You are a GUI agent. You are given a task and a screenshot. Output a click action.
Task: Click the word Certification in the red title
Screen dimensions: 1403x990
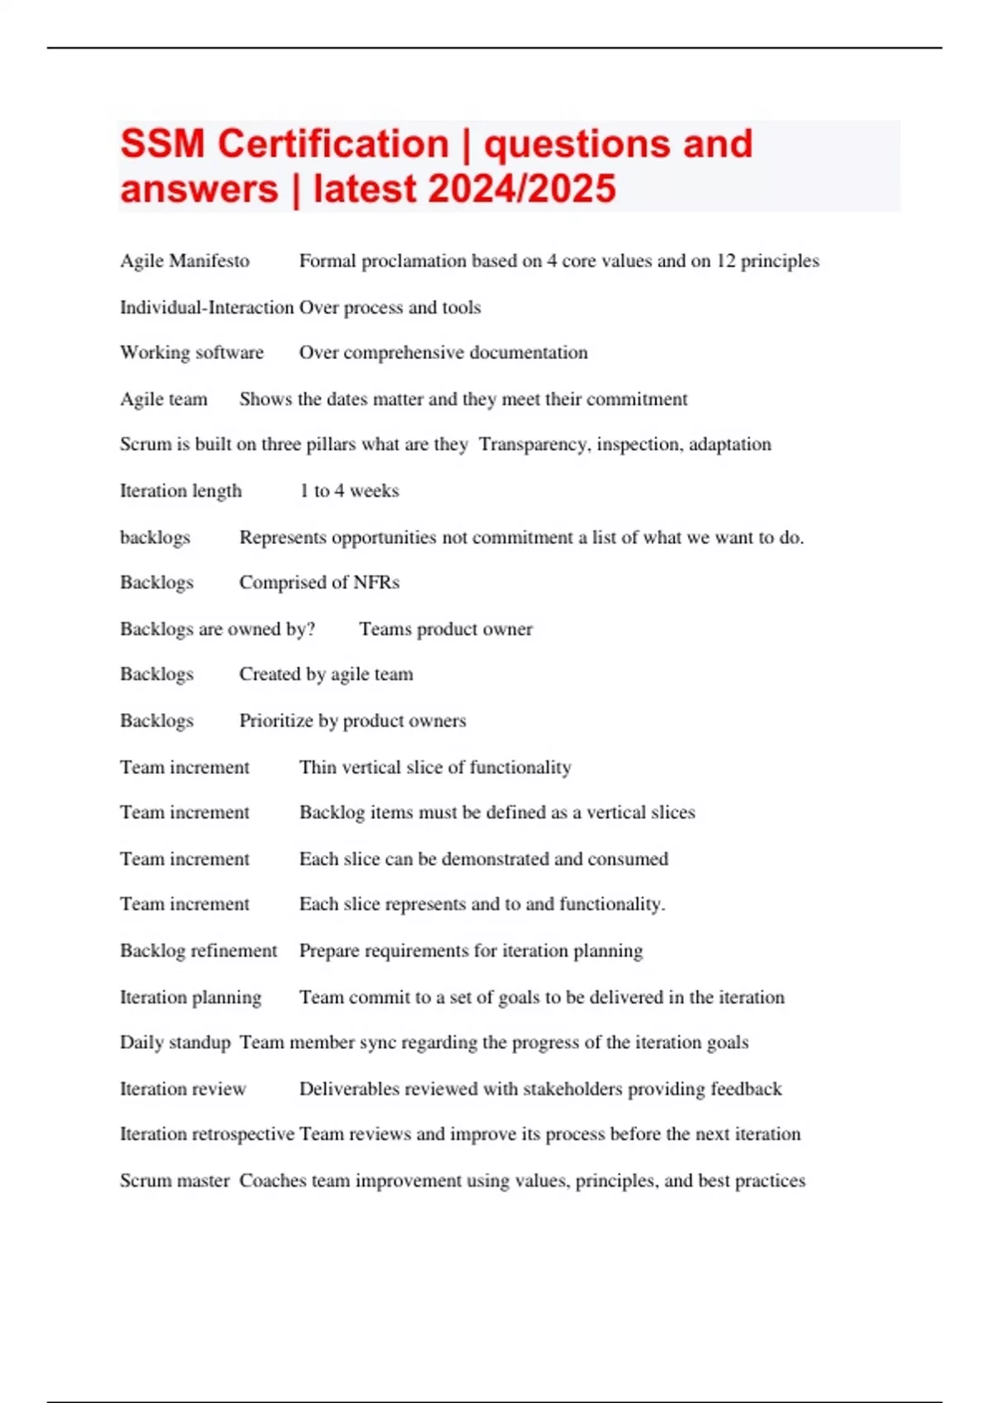click(332, 144)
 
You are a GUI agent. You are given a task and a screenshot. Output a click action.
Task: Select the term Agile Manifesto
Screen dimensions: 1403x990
click(185, 261)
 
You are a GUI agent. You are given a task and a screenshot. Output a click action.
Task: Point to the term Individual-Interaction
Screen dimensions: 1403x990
click(206, 307)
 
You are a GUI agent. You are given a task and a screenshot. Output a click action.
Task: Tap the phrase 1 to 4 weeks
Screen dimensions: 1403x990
click(349, 490)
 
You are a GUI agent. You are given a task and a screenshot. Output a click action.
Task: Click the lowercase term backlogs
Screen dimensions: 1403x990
click(155, 537)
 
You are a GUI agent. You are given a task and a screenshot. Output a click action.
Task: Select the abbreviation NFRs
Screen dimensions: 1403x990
click(376, 583)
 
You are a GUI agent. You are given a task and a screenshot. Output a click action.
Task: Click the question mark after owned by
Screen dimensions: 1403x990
click(310, 629)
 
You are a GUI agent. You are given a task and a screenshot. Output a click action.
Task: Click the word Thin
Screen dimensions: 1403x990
click(318, 767)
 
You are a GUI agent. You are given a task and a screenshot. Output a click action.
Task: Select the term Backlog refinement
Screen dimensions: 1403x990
click(199, 951)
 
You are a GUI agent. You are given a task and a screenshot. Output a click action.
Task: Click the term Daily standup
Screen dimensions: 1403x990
click(175, 1042)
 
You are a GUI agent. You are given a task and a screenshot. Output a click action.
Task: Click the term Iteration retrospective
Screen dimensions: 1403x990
click(207, 1134)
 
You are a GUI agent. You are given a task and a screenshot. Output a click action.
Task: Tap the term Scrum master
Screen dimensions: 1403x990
click(175, 1180)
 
